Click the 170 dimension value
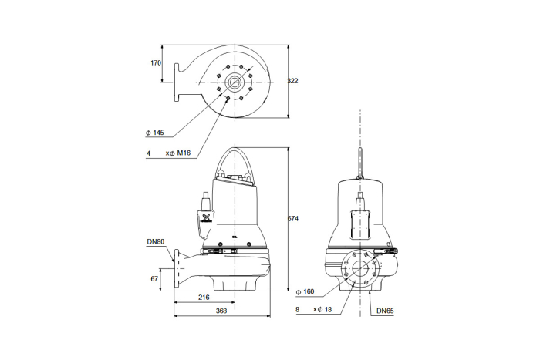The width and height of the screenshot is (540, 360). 156,63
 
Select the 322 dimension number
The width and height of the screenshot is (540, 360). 292,81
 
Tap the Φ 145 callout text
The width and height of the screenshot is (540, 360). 154,133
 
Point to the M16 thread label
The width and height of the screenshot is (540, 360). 184,153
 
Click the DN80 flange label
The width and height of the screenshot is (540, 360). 156,241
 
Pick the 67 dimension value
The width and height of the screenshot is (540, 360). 154,279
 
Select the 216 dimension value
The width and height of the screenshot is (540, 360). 204,297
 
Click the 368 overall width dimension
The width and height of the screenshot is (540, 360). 221,311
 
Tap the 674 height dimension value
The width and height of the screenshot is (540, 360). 293,219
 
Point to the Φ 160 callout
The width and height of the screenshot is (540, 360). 305,292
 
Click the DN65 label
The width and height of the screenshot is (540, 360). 385,311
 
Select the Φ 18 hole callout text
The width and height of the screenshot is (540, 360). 324,309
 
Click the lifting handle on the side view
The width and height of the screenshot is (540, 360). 235,162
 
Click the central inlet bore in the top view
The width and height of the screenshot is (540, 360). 235,82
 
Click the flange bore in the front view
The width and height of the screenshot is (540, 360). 360,267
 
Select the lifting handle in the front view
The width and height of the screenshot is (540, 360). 360,163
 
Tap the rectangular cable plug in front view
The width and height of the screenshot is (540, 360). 360,225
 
